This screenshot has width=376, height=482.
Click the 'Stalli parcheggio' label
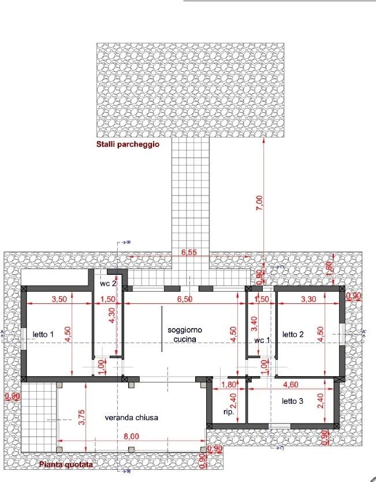(x=127, y=144)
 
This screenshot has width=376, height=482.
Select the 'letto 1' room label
(x=43, y=334)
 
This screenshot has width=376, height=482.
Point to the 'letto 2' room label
(x=293, y=334)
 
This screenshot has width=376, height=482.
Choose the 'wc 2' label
(x=108, y=284)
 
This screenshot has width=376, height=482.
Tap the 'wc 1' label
(x=263, y=340)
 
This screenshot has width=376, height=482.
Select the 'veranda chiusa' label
(x=132, y=417)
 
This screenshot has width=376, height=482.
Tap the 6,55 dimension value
(x=190, y=252)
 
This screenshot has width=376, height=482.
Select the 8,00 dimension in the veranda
(x=131, y=436)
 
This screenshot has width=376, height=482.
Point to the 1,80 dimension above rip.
(x=229, y=384)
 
